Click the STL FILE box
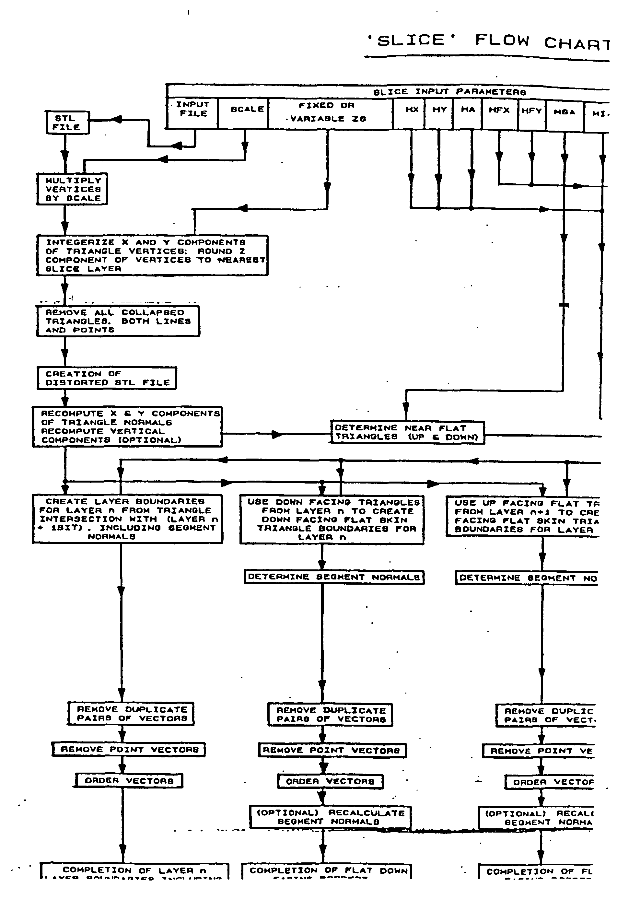click(67, 123)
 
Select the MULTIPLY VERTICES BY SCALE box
click(72, 189)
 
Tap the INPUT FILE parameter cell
click(192, 112)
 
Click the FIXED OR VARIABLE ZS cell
click(330, 112)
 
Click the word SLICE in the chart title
click(411, 40)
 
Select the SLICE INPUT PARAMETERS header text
click(449, 92)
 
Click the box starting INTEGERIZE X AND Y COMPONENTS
click(152, 255)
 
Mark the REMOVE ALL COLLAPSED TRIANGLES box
click(118, 321)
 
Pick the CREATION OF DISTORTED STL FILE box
click(107, 378)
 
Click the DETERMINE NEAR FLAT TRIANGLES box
click(407, 432)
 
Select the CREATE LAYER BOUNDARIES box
click(127, 519)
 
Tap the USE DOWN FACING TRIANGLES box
click(332, 520)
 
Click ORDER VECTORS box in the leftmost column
click(129, 781)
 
